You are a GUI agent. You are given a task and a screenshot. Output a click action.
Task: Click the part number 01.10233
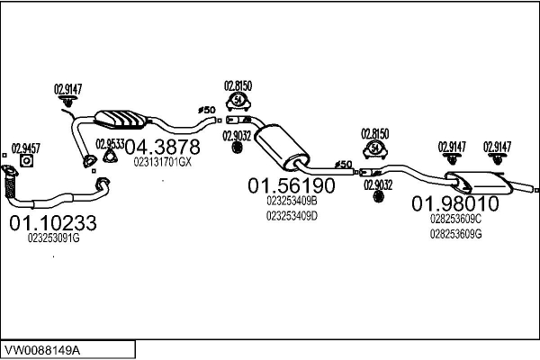[53, 223]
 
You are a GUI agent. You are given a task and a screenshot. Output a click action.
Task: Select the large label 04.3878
[162, 147]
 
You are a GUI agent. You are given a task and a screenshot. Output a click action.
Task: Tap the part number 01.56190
[292, 185]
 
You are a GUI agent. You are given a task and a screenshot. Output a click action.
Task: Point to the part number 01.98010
[455, 203]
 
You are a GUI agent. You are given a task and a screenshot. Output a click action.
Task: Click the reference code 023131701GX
[162, 162]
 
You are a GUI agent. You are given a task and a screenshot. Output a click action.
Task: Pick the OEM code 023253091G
[53, 238]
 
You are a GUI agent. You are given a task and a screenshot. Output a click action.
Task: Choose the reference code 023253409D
[292, 216]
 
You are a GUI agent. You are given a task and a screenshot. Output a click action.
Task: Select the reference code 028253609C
[455, 219]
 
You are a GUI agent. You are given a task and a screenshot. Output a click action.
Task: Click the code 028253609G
[455, 234]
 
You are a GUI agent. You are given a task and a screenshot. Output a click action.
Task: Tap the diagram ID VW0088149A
[42, 351]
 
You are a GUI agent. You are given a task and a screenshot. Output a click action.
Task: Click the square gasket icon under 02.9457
[26, 161]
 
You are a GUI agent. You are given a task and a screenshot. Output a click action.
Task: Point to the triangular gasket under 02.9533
[110, 156]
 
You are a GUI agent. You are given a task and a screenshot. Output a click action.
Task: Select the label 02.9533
[110, 144]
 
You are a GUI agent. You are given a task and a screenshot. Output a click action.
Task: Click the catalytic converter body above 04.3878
[121, 120]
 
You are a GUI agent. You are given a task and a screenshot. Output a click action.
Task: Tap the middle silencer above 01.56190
[282, 147]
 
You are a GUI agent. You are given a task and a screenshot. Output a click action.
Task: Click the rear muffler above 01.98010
[480, 182]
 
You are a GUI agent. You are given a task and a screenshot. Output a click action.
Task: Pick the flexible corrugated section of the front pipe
[10, 187]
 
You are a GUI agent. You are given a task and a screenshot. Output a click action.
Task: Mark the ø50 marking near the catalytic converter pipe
[207, 110]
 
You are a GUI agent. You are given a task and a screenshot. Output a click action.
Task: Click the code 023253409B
[292, 201]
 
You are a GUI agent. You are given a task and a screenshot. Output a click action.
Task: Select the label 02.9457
[26, 148]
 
